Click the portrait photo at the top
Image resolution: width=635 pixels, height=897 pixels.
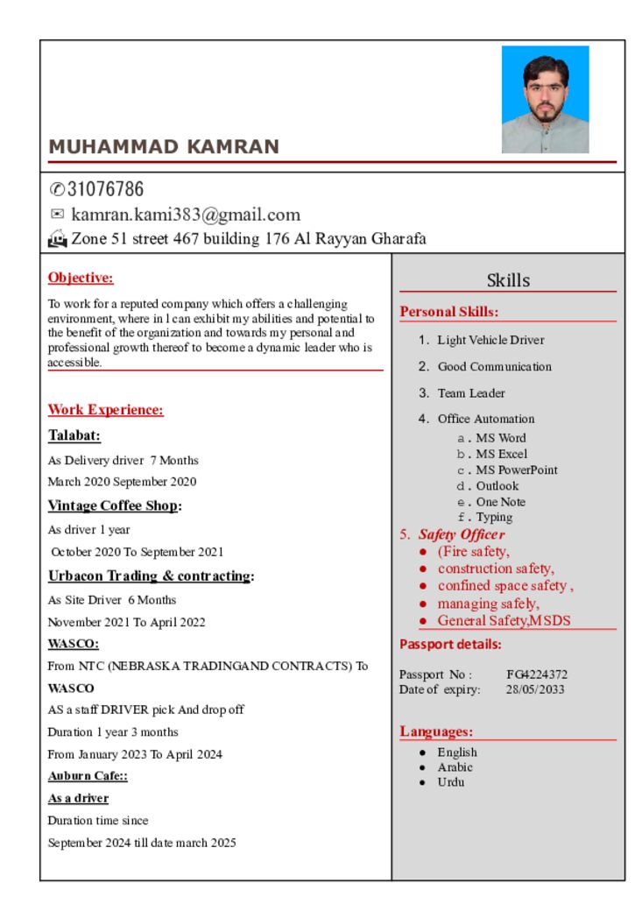coord(545,99)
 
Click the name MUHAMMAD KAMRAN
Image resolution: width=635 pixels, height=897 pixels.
coord(164,147)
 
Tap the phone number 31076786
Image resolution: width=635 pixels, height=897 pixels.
coord(106,189)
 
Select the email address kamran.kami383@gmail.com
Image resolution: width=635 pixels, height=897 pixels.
coord(186,215)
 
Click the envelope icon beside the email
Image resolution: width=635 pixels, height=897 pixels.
coord(57,214)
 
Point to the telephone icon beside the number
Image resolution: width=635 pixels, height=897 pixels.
coord(57,189)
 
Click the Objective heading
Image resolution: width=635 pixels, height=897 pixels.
coord(81,279)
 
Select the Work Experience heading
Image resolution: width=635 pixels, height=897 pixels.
coord(105,410)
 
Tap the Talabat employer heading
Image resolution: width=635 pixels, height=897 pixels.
coord(74,435)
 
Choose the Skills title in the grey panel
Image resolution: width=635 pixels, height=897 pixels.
coord(508,280)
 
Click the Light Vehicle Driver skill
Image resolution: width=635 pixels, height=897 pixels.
coord(490,340)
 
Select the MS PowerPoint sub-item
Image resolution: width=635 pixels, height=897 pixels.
coord(517,470)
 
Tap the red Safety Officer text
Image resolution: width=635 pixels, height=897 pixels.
coord(461,534)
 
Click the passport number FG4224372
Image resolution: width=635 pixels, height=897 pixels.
coord(537,675)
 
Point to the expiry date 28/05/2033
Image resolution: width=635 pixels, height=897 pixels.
coord(535,689)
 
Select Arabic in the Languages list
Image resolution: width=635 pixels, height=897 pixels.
coord(455,767)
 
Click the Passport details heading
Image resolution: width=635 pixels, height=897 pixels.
coord(450,645)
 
